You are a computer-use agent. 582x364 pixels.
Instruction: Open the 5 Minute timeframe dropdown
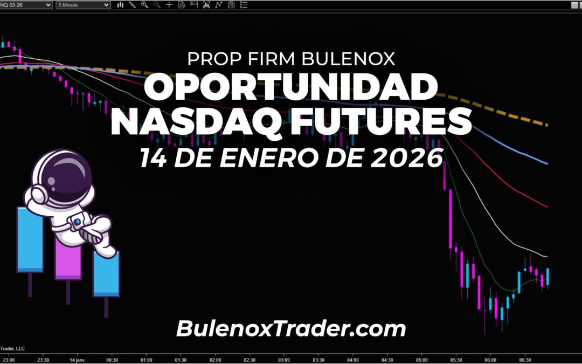tap(83, 5)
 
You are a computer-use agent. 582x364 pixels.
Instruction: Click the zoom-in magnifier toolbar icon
tap(144, 5)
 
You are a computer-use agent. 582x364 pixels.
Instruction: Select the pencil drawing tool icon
tap(132, 5)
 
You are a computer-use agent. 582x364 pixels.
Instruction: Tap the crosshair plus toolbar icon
tap(169, 5)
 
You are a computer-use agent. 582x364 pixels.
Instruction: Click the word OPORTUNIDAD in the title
tap(291, 88)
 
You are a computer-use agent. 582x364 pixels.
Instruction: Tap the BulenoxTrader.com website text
tap(291, 328)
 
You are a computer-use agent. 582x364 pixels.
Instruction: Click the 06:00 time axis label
tap(491, 359)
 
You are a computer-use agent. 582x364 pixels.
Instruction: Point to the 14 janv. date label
tap(78, 359)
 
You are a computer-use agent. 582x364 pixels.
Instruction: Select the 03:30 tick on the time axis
tap(319, 359)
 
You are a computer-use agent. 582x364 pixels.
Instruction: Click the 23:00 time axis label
tap(9, 359)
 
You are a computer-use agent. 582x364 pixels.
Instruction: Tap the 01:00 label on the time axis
tap(147, 359)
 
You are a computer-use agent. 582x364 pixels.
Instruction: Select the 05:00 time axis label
tap(422, 359)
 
